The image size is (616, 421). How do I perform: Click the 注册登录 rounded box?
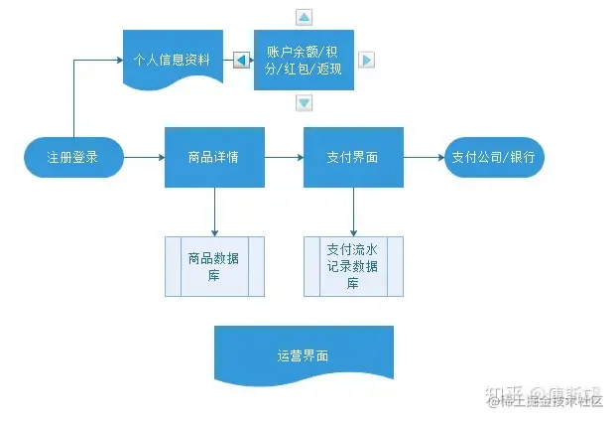(x=73, y=157)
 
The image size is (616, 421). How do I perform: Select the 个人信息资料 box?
(x=172, y=59)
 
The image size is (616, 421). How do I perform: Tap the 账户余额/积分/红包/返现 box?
(x=304, y=60)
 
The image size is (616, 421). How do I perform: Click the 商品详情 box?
(x=214, y=157)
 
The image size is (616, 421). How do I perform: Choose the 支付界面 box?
(x=353, y=157)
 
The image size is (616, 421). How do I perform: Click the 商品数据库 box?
(x=214, y=266)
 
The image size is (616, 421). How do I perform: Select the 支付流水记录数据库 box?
(x=353, y=266)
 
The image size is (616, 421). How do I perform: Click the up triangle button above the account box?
(x=305, y=17)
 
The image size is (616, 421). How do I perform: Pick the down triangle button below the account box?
(x=305, y=102)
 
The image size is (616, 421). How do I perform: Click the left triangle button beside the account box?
(x=242, y=60)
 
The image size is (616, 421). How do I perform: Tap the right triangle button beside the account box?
(x=366, y=60)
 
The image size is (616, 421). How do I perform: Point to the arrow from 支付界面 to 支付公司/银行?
(x=424, y=157)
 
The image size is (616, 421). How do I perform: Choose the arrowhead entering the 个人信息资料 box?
(x=117, y=60)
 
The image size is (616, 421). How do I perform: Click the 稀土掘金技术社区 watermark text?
(x=552, y=401)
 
